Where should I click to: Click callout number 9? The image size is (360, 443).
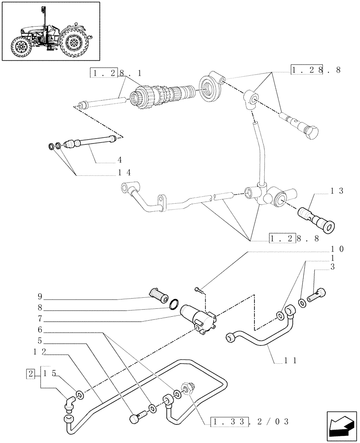[40, 296]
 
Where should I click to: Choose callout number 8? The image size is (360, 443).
[40, 307]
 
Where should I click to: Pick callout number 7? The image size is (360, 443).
[40, 318]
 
